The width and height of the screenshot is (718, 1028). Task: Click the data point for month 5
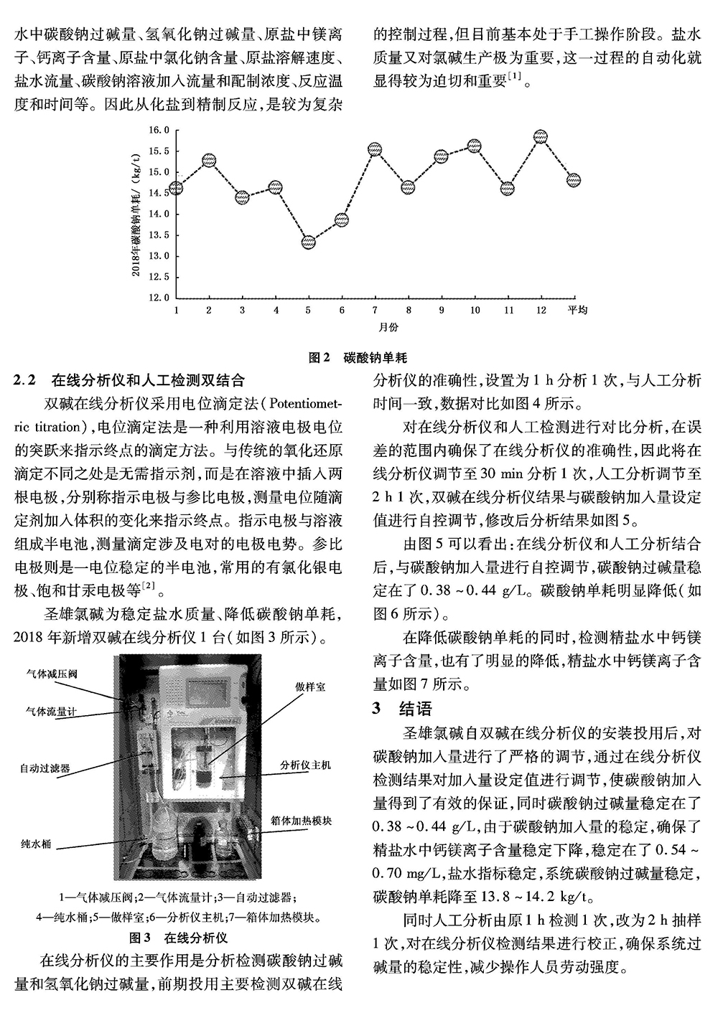308,242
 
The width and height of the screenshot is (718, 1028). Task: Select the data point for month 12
541,137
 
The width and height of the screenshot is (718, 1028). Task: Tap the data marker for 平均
573,179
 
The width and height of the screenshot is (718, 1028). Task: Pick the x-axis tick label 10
474,310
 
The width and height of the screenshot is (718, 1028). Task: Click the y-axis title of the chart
136,214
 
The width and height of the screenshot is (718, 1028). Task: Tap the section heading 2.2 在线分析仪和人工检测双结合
129,379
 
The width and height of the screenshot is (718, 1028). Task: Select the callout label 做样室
309,687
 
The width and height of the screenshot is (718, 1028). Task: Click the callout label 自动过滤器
45,767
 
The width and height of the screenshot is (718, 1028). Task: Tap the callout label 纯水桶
36,844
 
